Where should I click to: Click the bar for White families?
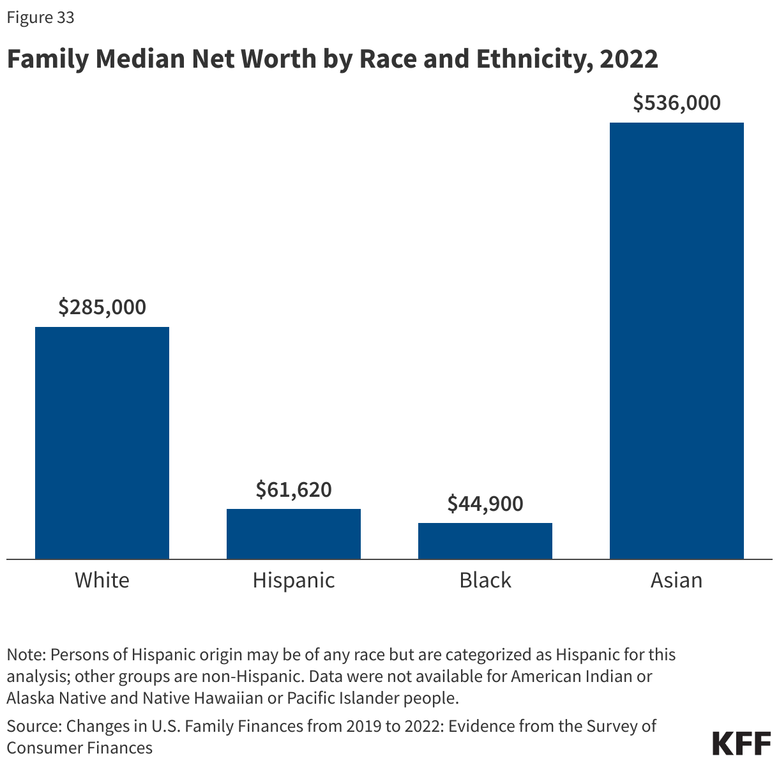tap(102, 443)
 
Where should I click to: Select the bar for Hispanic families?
tap(294, 534)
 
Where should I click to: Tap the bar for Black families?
tap(485, 541)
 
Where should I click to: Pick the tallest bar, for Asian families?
tap(677, 340)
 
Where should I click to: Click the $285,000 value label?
tap(102, 307)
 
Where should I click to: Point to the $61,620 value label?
tap(294, 489)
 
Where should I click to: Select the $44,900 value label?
tap(485, 504)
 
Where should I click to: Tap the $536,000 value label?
tap(677, 103)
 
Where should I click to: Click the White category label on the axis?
tap(102, 580)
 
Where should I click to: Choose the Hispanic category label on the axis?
tap(294, 580)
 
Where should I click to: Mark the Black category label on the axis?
tap(485, 580)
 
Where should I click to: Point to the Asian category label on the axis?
tap(677, 580)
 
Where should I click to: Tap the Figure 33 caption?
tap(40, 18)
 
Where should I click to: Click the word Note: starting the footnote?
tap(26, 655)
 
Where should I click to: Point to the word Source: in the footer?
tap(34, 726)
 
